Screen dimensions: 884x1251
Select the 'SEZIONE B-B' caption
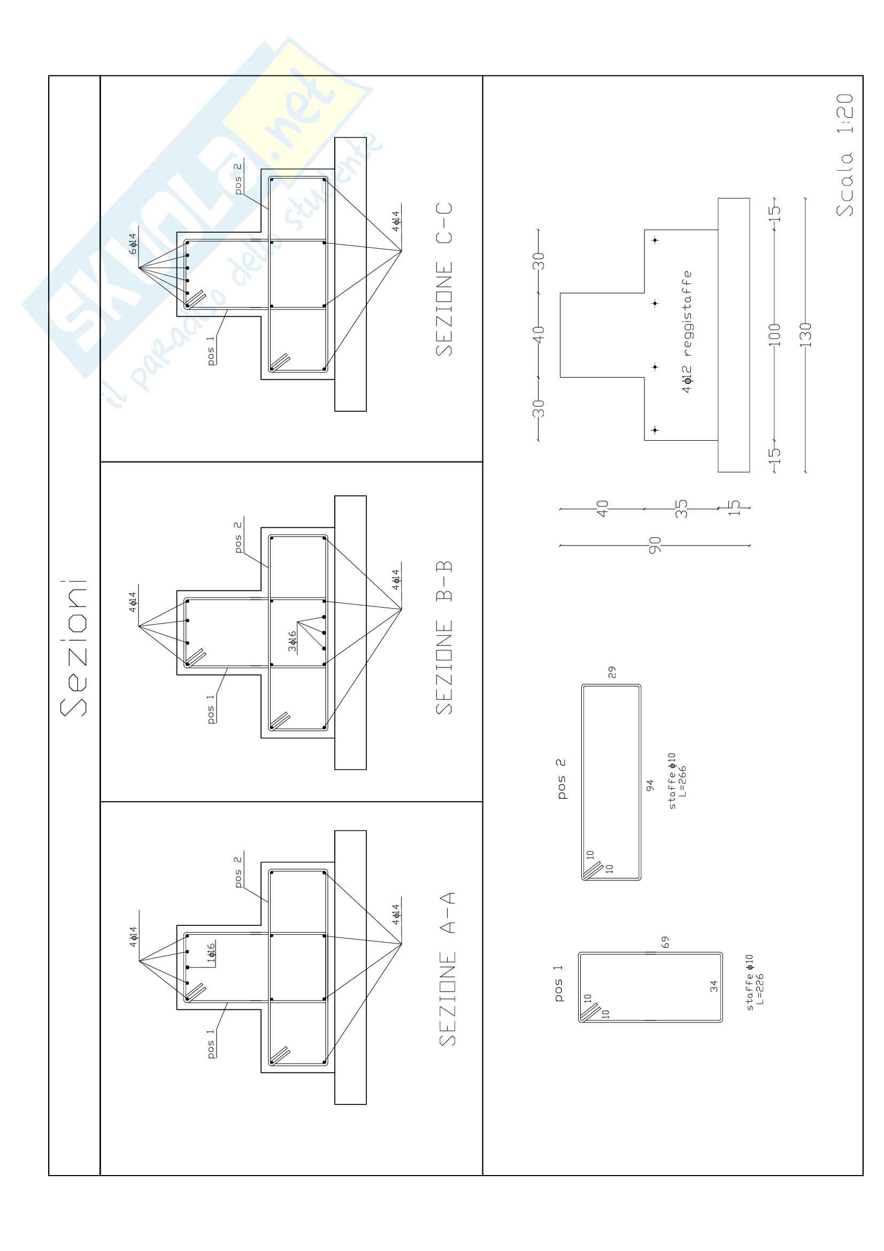[x=444, y=638]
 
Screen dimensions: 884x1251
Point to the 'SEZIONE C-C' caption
[x=444, y=280]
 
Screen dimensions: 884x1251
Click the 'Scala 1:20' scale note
[x=845, y=155]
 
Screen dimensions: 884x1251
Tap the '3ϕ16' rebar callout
[x=293, y=641]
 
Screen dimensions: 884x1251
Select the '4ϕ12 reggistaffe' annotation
[x=687, y=331]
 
